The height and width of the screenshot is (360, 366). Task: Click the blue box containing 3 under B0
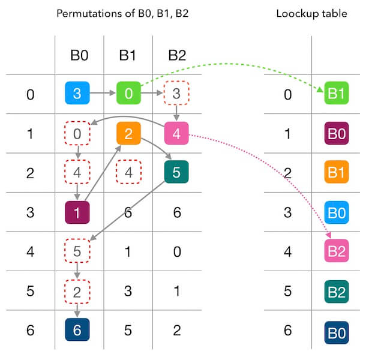tap(77, 94)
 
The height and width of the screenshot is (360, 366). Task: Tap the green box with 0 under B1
tap(128, 94)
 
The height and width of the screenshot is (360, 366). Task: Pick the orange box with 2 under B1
tap(128, 133)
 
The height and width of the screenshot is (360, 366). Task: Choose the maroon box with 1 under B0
tap(77, 212)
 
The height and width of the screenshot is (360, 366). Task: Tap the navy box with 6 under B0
tap(77, 329)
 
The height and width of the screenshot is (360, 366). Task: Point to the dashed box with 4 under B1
tap(128, 172)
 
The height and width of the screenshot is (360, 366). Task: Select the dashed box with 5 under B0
tap(77, 251)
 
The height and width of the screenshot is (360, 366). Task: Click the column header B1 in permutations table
tap(127, 55)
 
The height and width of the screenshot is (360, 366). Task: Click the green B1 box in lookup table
tap(336, 94)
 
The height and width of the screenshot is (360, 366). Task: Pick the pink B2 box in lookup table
tap(336, 251)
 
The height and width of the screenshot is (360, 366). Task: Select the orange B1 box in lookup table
tap(336, 173)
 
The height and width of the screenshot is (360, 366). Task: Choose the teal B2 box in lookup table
tap(336, 290)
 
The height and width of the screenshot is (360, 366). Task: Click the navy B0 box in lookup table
tap(336, 329)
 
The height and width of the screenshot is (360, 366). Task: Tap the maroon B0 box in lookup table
tap(336, 133)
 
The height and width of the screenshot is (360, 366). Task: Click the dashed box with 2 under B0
tap(77, 290)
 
